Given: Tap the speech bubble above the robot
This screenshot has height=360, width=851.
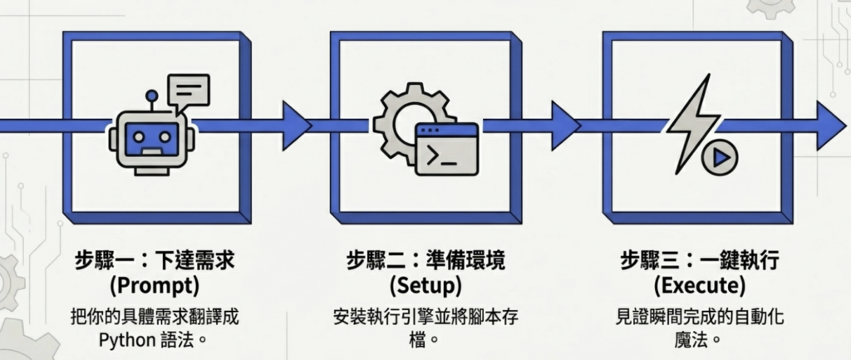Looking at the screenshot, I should [188, 90].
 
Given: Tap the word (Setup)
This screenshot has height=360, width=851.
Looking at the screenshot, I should [425, 286].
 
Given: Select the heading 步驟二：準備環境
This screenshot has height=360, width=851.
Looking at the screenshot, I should [425, 261].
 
